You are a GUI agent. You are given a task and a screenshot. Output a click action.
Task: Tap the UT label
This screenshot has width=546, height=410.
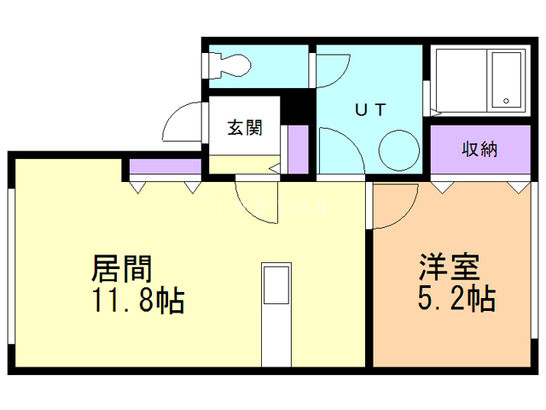(x=370, y=108)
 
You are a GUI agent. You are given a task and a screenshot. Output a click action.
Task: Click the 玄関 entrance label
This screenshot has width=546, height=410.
(x=244, y=127)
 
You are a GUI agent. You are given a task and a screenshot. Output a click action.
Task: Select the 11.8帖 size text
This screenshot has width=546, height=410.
(x=137, y=301)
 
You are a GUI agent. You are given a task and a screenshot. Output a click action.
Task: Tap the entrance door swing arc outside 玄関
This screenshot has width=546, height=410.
(x=183, y=126)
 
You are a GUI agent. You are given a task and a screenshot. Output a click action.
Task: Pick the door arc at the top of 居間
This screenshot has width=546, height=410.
(x=256, y=202)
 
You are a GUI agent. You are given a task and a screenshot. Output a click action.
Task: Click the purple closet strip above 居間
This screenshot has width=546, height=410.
(x=166, y=167)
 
